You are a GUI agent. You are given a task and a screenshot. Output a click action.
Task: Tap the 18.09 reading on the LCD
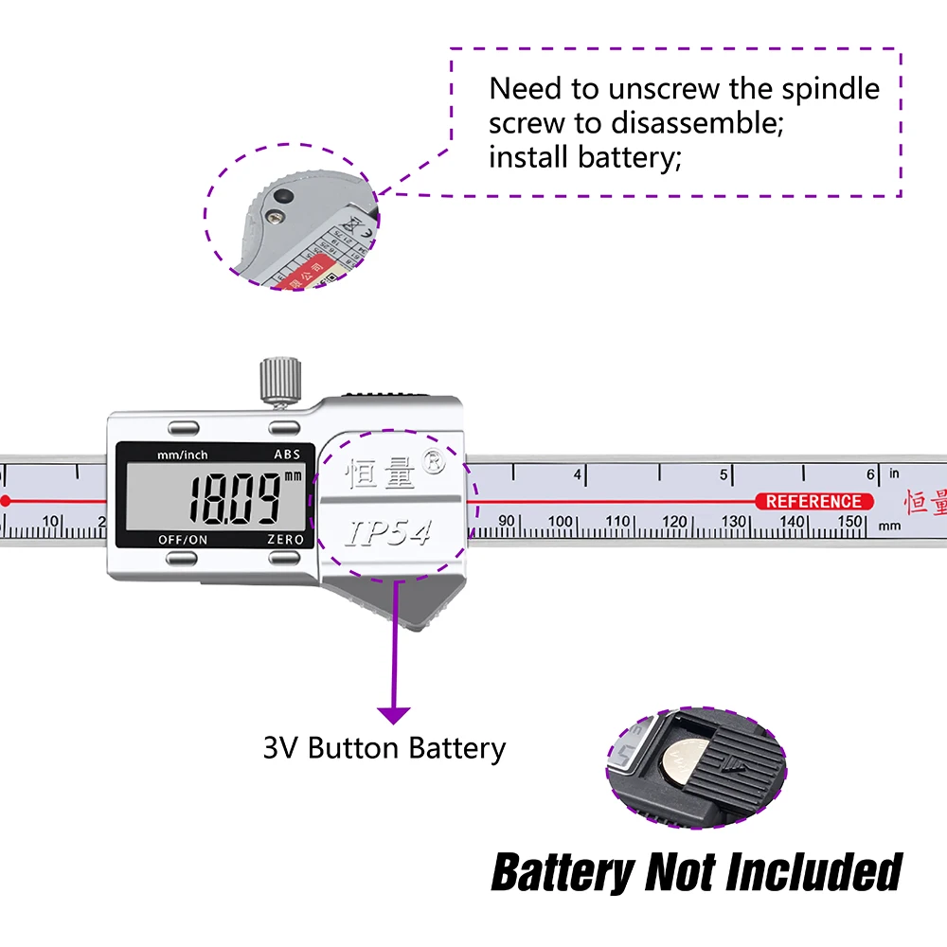(235, 498)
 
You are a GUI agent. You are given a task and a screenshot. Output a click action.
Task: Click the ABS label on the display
(287, 455)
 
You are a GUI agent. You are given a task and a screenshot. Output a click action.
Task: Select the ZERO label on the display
(285, 540)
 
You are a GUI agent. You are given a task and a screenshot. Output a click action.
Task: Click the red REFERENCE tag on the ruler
(813, 502)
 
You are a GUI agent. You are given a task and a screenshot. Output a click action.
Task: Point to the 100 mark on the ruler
(561, 522)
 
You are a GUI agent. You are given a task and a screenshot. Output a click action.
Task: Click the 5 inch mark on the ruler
(723, 474)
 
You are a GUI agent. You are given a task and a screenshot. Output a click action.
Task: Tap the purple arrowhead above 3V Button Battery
(394, 716)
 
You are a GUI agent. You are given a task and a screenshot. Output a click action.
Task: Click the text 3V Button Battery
(384, 748)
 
